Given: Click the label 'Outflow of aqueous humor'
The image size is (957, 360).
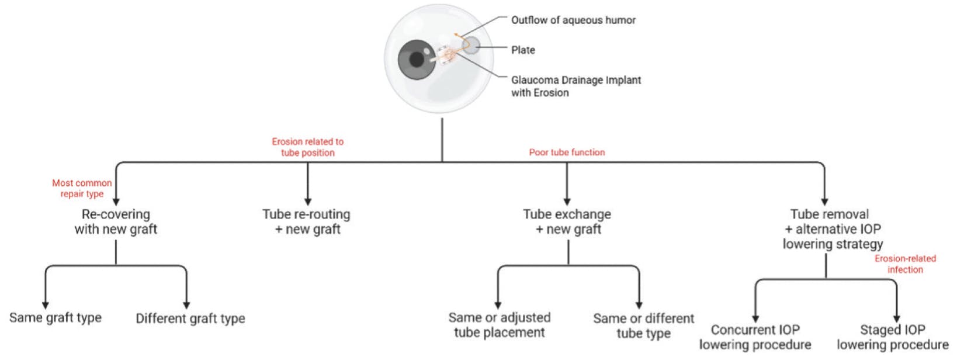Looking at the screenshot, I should point(573,20).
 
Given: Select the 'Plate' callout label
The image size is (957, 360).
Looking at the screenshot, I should point(523,50).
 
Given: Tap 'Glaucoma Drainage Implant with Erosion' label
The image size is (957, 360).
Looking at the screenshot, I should point(575,86).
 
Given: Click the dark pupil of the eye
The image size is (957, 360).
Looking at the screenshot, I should point(417,59).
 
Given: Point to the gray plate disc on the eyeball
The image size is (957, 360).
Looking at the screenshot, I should point(471,45).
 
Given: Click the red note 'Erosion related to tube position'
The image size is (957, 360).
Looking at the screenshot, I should point(307,147).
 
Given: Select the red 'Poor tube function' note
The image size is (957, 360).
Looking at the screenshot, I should point(567,153).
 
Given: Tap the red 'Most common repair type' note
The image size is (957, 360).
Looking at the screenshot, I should point(82,188).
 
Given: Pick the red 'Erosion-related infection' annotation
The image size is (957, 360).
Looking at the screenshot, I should point(905,264).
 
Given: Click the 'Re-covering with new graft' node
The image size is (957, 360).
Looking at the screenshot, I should point(116,222).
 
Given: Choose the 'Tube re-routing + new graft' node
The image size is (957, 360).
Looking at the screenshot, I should point(307,222).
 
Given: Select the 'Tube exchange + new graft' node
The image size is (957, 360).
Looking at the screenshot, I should point(567,222).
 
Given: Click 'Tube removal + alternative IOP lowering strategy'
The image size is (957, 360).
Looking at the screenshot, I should point(831,229).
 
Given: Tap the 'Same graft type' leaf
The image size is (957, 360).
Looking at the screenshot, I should point(56,318).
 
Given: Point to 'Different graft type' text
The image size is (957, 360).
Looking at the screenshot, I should point(190,319).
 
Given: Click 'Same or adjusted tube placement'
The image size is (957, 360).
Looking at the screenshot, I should point(500,325).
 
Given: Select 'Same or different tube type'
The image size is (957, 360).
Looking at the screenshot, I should point(643,326).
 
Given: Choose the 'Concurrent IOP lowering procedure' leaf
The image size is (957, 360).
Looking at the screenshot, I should point(755,337).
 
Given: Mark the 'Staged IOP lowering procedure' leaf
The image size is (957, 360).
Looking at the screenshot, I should point(892,337).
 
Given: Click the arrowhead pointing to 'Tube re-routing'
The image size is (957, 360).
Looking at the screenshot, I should point(307,202).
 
